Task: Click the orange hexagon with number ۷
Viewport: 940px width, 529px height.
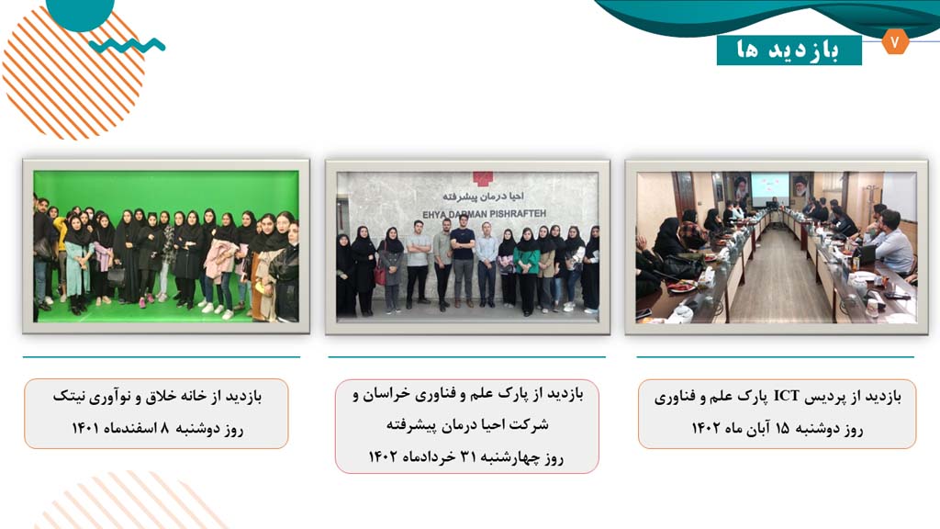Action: tap(895, 42)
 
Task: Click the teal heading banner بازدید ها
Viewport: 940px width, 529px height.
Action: tap(789, 51)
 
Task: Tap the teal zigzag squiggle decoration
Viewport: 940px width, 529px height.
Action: tap(127, 46)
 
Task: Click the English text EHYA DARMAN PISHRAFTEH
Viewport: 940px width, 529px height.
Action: tap(484, 214)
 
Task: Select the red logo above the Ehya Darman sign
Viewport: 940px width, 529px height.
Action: tap(482, 179)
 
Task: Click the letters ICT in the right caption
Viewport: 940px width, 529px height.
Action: tap(787, 396)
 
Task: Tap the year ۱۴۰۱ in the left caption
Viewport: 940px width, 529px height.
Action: tap(84, 428)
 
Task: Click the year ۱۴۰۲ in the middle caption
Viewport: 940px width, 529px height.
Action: tap(383, 457)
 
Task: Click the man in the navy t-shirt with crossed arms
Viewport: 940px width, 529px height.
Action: tap(463, 261)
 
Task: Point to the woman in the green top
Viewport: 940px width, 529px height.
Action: tap(527, 271)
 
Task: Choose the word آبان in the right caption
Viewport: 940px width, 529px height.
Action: tap(757, 428)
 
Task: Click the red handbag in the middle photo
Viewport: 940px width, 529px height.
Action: tap(379, 275)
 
